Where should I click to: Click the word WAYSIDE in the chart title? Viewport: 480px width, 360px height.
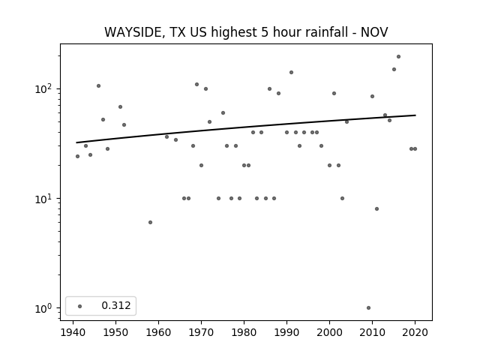tap(132, 32)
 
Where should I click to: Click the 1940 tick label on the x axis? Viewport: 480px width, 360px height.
tap(73, 332)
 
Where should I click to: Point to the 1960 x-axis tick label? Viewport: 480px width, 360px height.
tap(158, 332)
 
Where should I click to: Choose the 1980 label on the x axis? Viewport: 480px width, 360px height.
tap(244, 332)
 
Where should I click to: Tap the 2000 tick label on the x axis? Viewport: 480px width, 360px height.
tap(329, 332)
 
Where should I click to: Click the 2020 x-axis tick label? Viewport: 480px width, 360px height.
tap(415, 332)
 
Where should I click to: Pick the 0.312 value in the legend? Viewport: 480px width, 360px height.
tap(116, 305)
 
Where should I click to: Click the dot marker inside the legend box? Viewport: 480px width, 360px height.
tap(80, 306)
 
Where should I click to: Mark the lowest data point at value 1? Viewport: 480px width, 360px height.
tap(368, 308)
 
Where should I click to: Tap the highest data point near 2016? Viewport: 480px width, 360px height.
tap(398, 57)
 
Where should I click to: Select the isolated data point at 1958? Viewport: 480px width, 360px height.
tap(150, 222)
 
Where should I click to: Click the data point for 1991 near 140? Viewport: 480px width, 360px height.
tap(292, 73)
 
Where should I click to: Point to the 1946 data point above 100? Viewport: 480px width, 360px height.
tap(98, 86)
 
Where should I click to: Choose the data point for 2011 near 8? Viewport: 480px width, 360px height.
tap(376, 208)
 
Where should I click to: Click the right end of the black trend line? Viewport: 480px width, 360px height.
tap(415, 115)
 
